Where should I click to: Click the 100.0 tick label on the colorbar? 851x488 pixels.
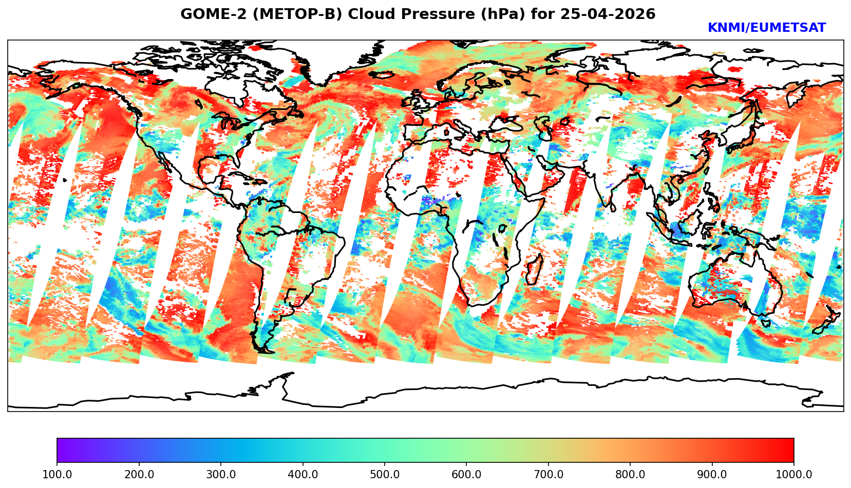(x=57, y=475)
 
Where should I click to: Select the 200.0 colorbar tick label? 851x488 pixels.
(x=139, y=475)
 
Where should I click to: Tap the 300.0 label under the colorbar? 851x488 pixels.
(x=221, y=475)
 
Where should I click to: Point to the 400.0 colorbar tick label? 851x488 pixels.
(x=302, y=475)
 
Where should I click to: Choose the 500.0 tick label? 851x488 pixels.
(x=385, y=475)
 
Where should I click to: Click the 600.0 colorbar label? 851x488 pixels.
(x=466, y=475)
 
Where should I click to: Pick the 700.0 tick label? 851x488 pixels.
(x=549, y=475)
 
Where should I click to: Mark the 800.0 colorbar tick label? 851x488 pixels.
(x=630, y=475)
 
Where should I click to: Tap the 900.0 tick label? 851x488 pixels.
(x=712, y=475)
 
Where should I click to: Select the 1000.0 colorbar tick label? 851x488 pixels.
(x=794, y=475)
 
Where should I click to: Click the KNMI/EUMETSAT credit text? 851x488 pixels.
(x=766, y=28)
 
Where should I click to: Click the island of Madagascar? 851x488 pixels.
(x=534, y=270)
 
